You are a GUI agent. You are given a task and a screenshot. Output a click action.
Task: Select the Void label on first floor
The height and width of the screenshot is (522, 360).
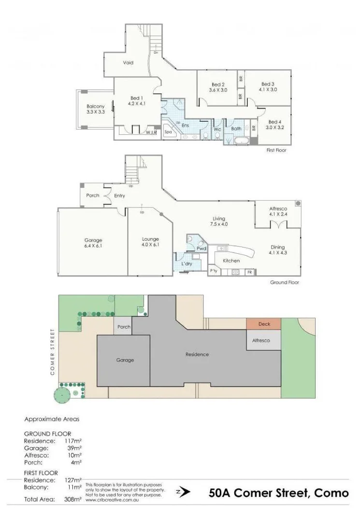(x=128, y=63)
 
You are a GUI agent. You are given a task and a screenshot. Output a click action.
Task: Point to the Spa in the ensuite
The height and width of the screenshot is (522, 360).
(x=169, y=131)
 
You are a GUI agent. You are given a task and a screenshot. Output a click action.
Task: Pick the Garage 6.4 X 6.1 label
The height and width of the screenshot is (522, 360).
(x=93, y=243)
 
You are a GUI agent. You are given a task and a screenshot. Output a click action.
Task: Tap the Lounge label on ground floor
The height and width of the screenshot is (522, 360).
(x=150, y=239)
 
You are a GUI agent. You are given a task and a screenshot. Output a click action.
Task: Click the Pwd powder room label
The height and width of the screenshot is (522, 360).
(x=202, y=248)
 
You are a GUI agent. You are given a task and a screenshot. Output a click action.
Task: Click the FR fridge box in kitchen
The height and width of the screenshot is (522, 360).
(x=249, y=273)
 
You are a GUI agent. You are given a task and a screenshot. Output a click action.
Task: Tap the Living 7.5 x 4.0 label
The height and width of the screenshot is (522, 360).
(x=219, y=221)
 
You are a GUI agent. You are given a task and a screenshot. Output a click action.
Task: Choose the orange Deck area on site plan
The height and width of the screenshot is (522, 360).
(x=264, y=324)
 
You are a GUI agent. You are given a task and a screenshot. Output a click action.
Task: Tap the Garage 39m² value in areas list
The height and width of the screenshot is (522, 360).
(x=73, y=448)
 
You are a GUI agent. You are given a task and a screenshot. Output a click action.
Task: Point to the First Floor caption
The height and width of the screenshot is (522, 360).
(x=276, y=150)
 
